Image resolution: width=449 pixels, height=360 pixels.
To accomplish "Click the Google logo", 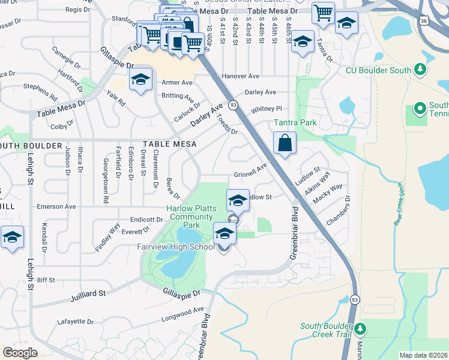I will click(x=20, y=352).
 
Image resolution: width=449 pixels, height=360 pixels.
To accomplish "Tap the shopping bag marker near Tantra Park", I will click(x=285, y=144).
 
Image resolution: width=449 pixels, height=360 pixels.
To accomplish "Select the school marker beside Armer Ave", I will click(x=140, y=80).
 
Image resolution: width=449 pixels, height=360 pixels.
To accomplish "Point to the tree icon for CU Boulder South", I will click(x=420, y=70).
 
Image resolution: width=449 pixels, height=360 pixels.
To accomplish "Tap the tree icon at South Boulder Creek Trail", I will click(x=360, y=329).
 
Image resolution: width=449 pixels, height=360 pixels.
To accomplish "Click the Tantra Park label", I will click(x=295, y=122).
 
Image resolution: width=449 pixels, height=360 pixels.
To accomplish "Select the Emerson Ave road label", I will click(x=56, y=206).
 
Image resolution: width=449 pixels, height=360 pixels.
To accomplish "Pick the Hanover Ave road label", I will click(x=240, y=76).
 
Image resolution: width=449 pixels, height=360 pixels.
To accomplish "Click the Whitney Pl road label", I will click(x=266, y=109).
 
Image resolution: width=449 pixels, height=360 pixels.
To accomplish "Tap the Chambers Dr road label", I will click(x=338, y=211).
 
